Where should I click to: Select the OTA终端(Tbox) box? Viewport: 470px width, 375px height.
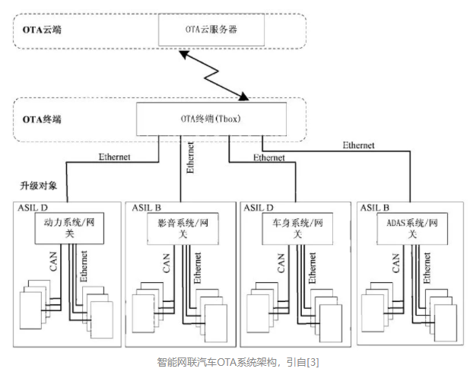click(x=211, y=119)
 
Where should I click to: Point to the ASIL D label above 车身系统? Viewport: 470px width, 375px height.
click(x=261, y=207)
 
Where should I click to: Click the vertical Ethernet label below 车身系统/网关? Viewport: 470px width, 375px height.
click(x=313, y=267)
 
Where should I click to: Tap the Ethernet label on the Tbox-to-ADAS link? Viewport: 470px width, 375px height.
click(x=358, y=145)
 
